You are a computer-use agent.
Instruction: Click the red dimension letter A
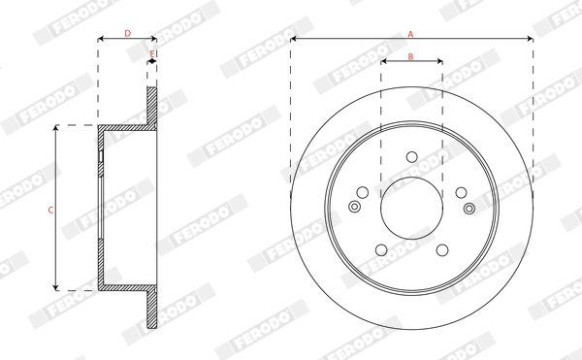point(410,34)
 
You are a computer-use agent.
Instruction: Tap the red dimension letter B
point(410,57)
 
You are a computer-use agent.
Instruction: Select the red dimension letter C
point(49,210)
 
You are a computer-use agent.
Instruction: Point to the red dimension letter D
point(127,34)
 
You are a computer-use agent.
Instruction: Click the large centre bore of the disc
point(411,207)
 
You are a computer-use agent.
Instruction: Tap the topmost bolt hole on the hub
point(411,157)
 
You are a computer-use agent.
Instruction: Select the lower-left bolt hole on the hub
point(381,247)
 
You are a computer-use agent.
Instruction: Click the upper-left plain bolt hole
point(363,191)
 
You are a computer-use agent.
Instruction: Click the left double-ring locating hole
point(354,206)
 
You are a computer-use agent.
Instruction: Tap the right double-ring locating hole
point(469,207)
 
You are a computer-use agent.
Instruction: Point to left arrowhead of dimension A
point(294,40)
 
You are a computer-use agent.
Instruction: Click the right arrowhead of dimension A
point(530,40)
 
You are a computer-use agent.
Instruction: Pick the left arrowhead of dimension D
point(101,40)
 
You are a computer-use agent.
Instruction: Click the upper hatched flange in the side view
point(151,107)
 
